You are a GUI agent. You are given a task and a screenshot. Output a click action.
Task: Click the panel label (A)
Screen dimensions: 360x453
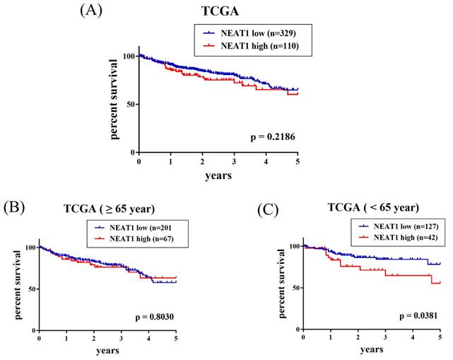pyautogui.click(x=94, y=10)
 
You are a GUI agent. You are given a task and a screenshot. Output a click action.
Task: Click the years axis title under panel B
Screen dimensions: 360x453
pyautogui.click(x=107, y=351)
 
